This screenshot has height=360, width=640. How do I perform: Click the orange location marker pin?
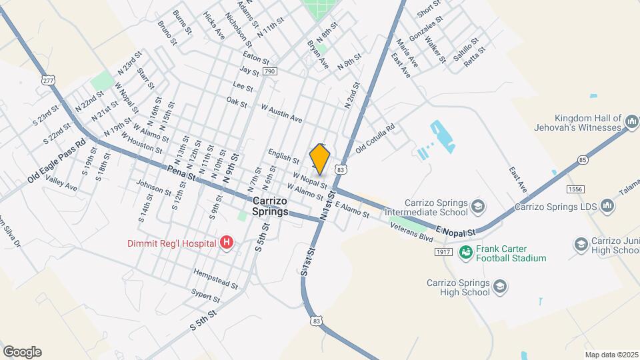click(320, 159)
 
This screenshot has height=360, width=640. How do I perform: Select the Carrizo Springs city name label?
click(271, 207)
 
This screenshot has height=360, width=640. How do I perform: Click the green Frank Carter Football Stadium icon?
click(466, 252)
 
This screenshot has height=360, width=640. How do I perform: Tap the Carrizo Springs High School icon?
click(499, 287)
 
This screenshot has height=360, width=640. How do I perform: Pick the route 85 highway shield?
click(583, 160)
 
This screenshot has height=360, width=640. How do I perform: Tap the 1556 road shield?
click(577, 189)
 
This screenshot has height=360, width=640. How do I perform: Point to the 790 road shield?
click(269, 71)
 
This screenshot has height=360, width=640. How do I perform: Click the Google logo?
click(22, 352)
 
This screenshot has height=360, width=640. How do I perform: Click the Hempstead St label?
click(215, 279)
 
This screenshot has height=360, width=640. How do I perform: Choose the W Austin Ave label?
click(281, 113)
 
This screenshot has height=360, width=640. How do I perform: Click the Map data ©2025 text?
click(611, 355)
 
